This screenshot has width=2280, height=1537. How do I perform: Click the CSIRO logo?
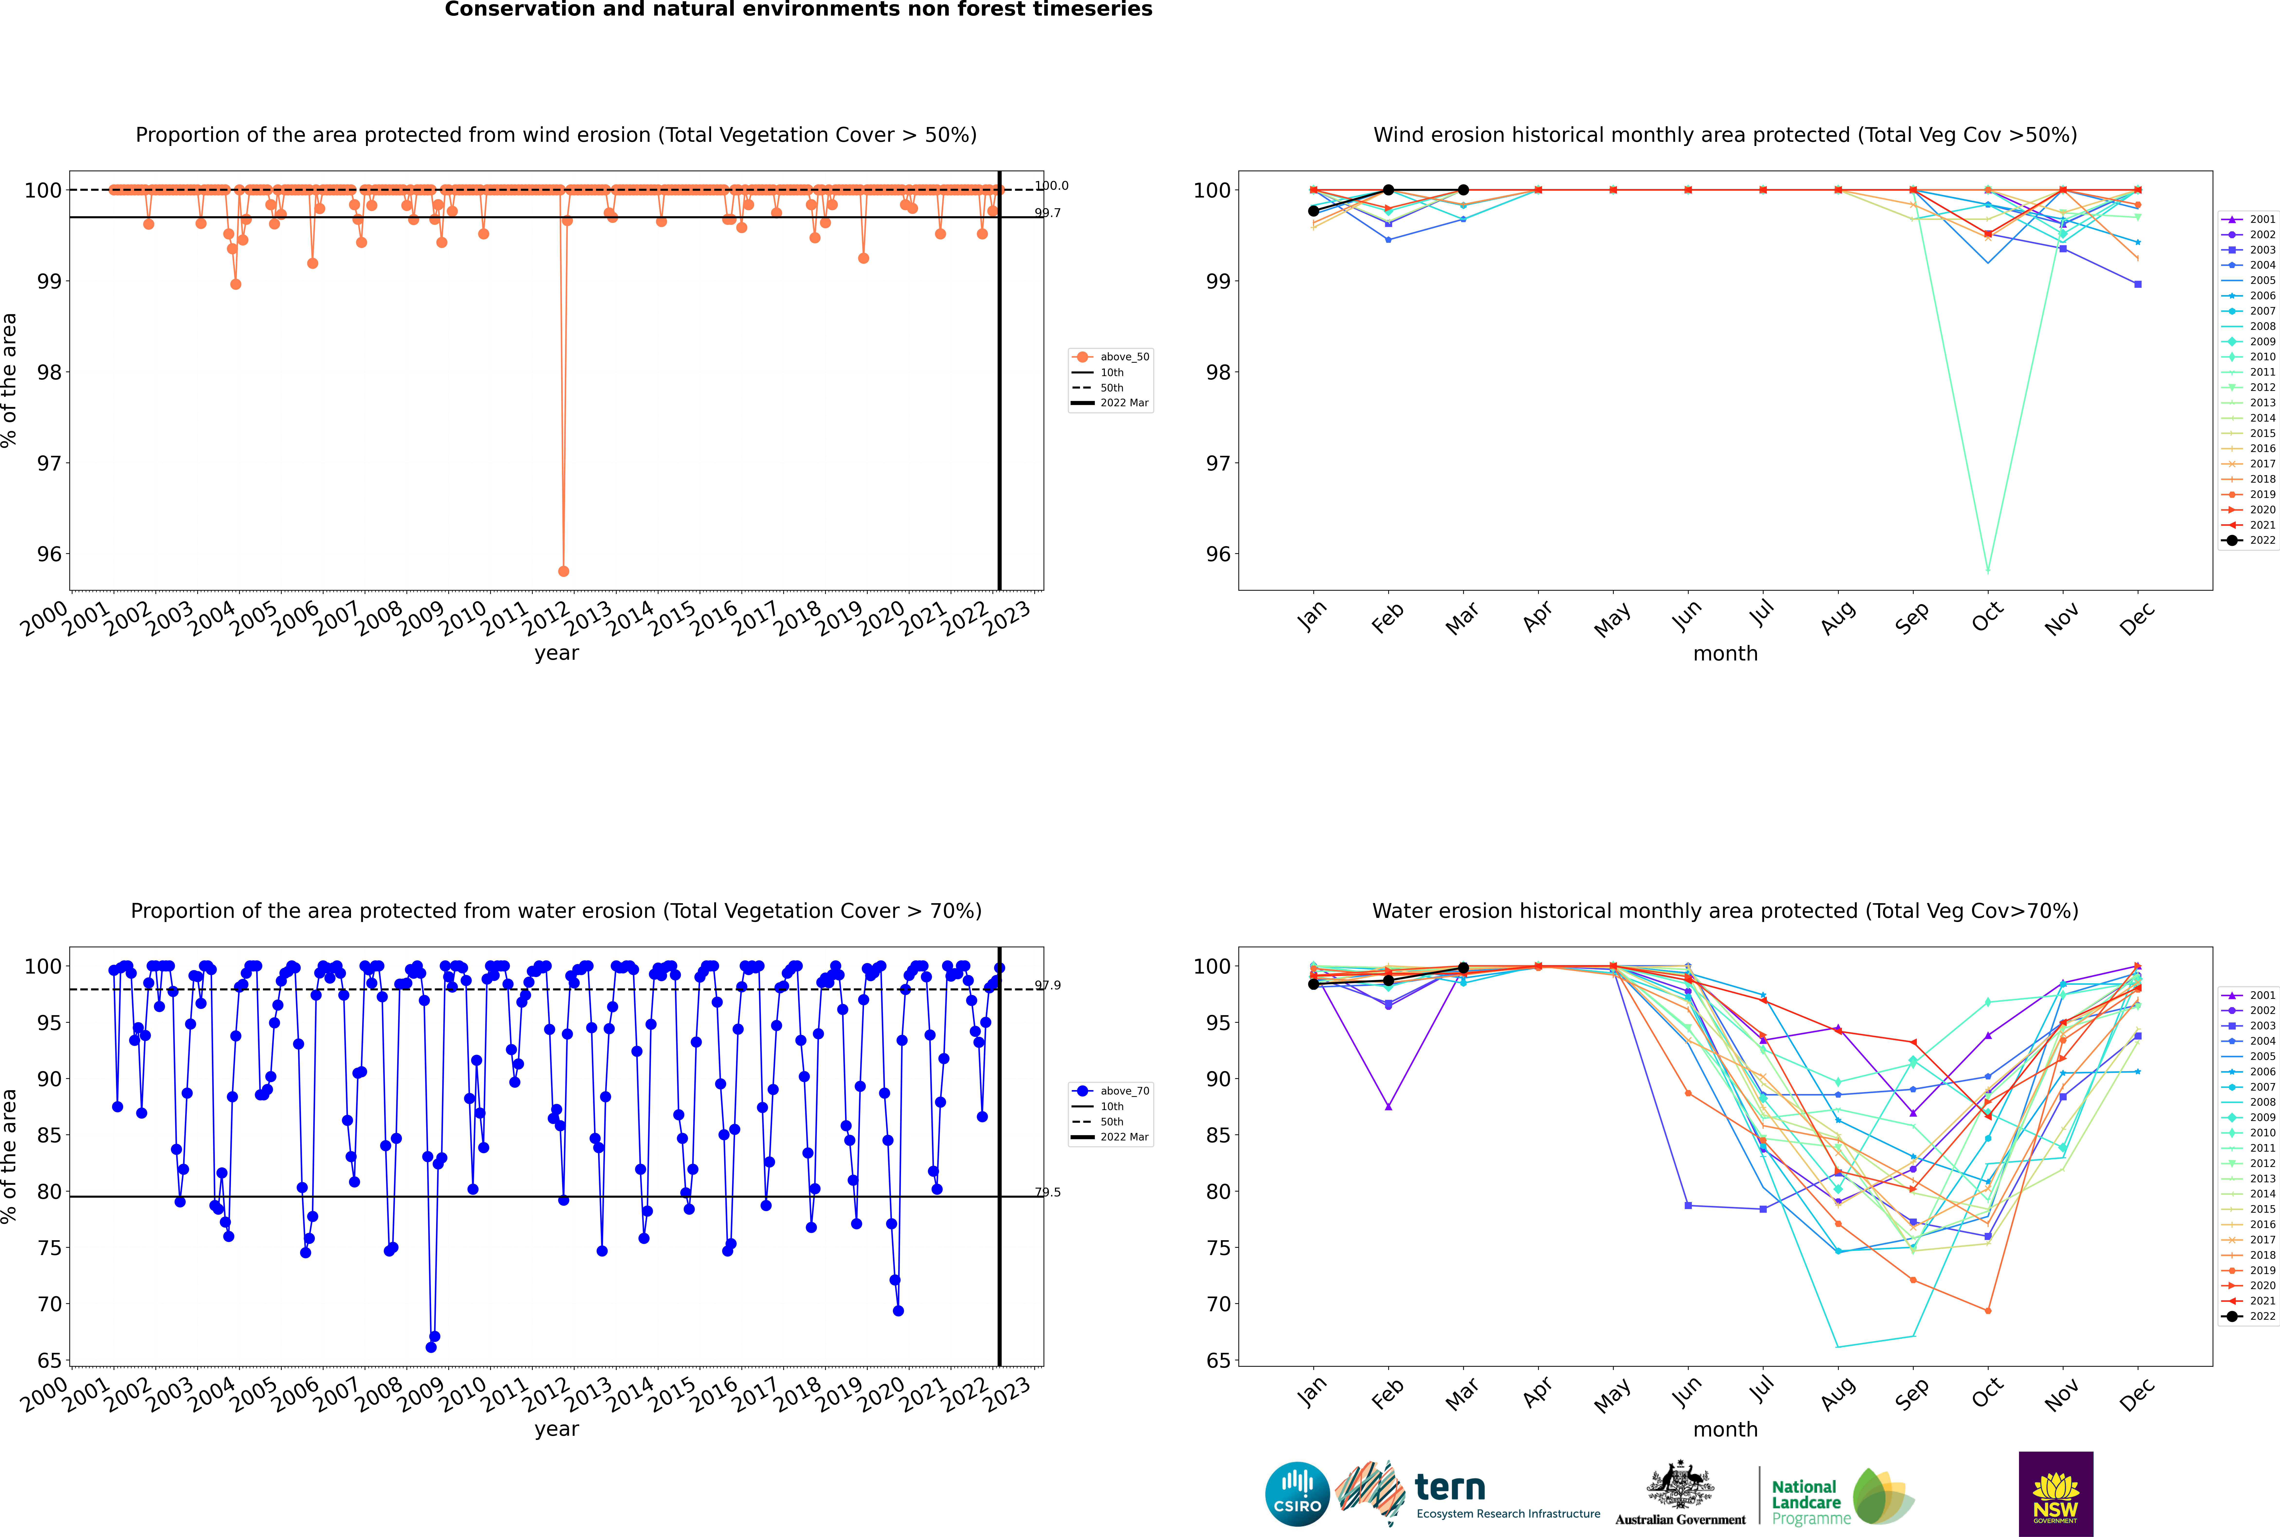pyautogui.click(x=1297, y=1494)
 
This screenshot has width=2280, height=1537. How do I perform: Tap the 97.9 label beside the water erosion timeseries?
pyautogui.click(x=1048, y=985)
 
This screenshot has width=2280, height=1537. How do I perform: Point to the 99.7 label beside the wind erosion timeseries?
pyautogui.click(x=1048, y=213)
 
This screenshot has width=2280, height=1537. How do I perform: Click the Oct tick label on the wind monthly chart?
pyautogui.click(x=1987, y=617)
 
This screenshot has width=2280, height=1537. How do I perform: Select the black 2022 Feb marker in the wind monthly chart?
pyautogui.click(x=1388, y=190)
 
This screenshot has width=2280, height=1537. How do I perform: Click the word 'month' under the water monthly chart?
pyautogui.click(x=1725, y=1429)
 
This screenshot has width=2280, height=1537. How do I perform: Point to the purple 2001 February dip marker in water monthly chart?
pyautogui.click(x=1388, y=1107)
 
